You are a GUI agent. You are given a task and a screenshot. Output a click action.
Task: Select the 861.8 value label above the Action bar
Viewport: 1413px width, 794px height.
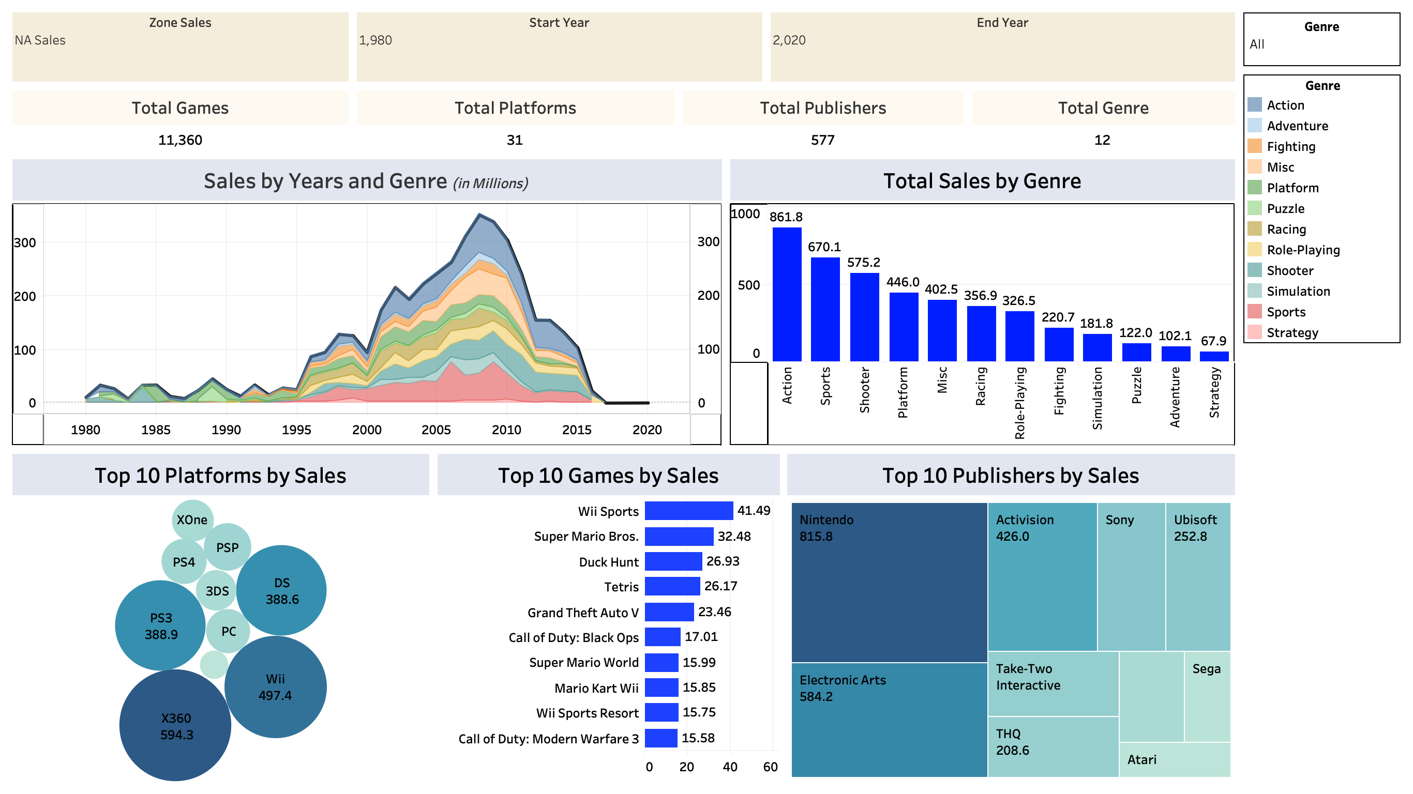(786, 217)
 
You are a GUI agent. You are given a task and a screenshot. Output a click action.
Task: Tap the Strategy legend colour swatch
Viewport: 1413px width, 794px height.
(1254, 332)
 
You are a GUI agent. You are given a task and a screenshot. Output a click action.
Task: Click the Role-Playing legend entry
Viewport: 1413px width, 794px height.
(1303, 250)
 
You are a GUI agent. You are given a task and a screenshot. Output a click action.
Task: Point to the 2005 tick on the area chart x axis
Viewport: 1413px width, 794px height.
(436, 430)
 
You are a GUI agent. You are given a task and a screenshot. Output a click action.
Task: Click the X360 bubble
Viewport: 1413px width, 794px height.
(175, 726)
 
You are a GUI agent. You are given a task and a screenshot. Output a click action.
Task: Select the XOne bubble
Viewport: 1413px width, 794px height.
(192, 520)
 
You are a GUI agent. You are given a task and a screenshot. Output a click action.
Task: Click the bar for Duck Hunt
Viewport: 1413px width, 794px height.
(673, 561)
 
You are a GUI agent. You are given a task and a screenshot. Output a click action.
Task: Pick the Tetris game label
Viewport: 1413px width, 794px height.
(621, 587)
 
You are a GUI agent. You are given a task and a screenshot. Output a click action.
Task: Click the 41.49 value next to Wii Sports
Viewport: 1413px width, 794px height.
(753, 511)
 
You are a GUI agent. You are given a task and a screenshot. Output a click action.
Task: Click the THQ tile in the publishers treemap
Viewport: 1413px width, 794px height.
(1052, 746)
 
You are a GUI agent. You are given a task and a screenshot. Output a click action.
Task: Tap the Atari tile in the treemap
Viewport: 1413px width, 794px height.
(1174, 760)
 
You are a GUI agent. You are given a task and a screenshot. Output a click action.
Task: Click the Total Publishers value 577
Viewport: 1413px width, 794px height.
(822, 141)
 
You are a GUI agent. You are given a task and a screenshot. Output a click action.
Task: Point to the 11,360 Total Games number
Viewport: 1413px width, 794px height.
(180, 141)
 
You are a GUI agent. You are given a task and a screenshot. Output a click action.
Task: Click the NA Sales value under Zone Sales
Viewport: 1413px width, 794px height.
(40, 40)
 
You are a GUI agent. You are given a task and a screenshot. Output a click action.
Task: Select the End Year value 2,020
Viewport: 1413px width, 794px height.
(789, 40)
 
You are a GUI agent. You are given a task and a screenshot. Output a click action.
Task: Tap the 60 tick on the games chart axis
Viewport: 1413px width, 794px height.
(770, 767)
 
